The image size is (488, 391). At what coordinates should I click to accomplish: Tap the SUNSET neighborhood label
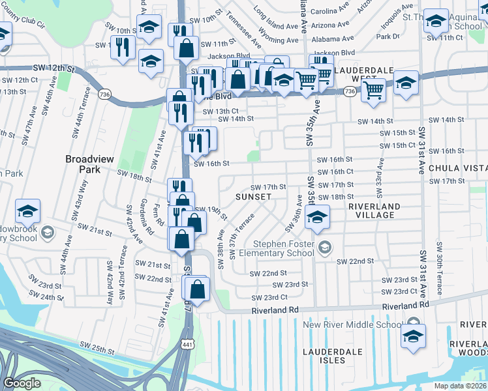coord(254,196)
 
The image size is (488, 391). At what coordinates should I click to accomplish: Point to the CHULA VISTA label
coord(463,168)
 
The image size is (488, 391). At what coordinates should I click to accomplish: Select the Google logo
coord(22,383)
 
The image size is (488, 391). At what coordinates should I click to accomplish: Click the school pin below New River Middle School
coord(413,338)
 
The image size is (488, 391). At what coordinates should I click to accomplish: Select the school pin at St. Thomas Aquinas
coord(435,22)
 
